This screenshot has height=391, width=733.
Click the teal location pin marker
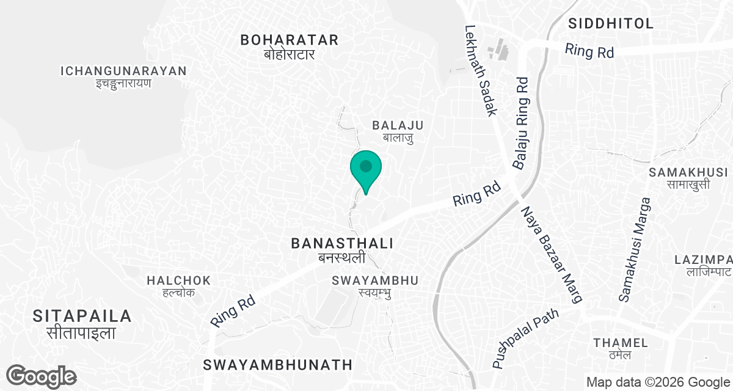click(x=366, y=169)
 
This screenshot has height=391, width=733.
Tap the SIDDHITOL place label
click(x=610, y=24)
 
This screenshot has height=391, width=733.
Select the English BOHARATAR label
click(x=289, y=40)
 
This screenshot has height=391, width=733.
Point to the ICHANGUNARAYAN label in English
click(x=123, y=71)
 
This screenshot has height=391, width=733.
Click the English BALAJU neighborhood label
click(x=398, y=125)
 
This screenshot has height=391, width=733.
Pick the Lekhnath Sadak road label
click(x=482, y=70)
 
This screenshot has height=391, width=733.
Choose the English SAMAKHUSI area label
click(x=688, y=172)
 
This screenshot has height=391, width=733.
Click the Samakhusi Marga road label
click(x=633, y=249)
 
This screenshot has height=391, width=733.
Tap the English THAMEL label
click(x=612, y=342)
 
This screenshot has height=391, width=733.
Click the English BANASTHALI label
click(x=341, y=243)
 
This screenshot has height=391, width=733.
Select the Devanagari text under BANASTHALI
click(x=341, y=258)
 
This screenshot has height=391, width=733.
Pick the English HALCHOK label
click(x=178, y=280)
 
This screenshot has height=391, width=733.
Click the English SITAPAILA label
click(x=82, y=316)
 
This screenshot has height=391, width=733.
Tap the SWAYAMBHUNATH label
click(x=278, y=365)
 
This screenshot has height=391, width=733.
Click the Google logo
click(x=42, y=376)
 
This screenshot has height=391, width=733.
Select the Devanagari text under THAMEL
click(x=612, y=355)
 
